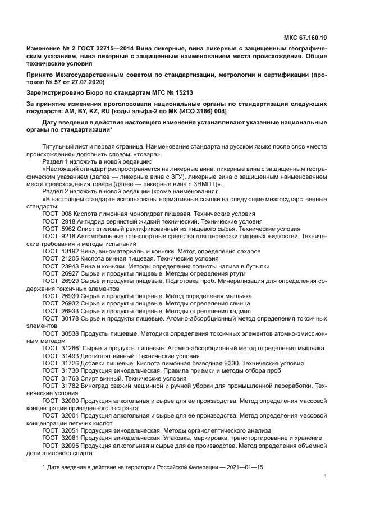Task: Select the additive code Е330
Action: [x=223, y=363]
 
